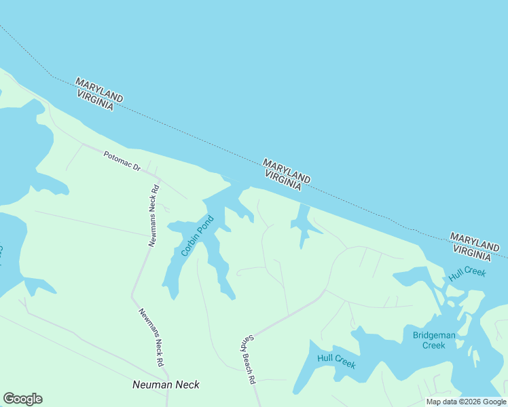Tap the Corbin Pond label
(198, 236)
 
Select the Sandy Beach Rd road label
(245, 360)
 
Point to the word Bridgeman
(434, 335)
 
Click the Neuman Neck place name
(166, 385)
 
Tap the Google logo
(22, 399)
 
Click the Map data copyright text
(467, 402)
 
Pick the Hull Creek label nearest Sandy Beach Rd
(337, 361)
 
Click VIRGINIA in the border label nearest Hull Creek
(472, 252)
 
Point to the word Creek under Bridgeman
(434, 345)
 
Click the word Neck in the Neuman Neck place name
(187, 385)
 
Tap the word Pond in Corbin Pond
(206, 225)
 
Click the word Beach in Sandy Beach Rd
(245, 360)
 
